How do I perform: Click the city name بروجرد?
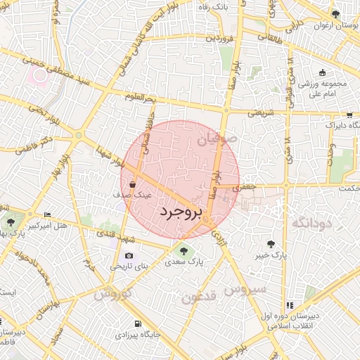pyautogui.click(x=181, y=211)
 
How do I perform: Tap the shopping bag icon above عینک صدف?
pyautogui.click(x=133, y=185)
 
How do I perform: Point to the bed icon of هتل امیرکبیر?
pyautogui.click(x=47, y=214)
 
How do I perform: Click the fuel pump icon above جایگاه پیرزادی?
pyautogui.click(x=138, y=324)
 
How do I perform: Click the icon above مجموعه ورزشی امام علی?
pyautogui.click(x=322, y=72)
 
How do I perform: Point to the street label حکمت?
pyautogui.click(x=347, y=188)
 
